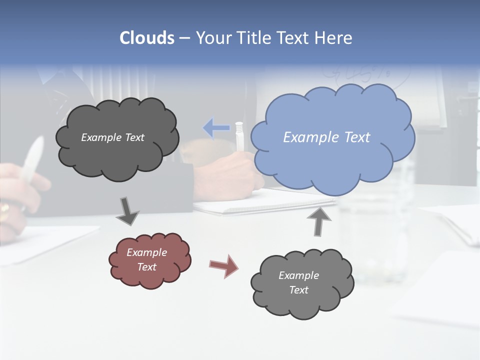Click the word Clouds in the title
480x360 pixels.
click(x=146, y=38)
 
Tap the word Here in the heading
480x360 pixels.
click(x=333, y=38)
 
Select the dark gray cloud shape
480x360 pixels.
click(x=117, y=150)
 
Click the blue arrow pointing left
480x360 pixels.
click(x=216, y=128)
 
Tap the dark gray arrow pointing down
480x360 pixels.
click(x=127, y=211)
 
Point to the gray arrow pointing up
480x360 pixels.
click(x=318, y=221)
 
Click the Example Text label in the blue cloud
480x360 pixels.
click(x=326, y=137)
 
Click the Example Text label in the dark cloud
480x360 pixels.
click(x=112, y=137)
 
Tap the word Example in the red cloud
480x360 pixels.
click(x=146, y=252)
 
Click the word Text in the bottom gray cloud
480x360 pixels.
click(x=298, y=290)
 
